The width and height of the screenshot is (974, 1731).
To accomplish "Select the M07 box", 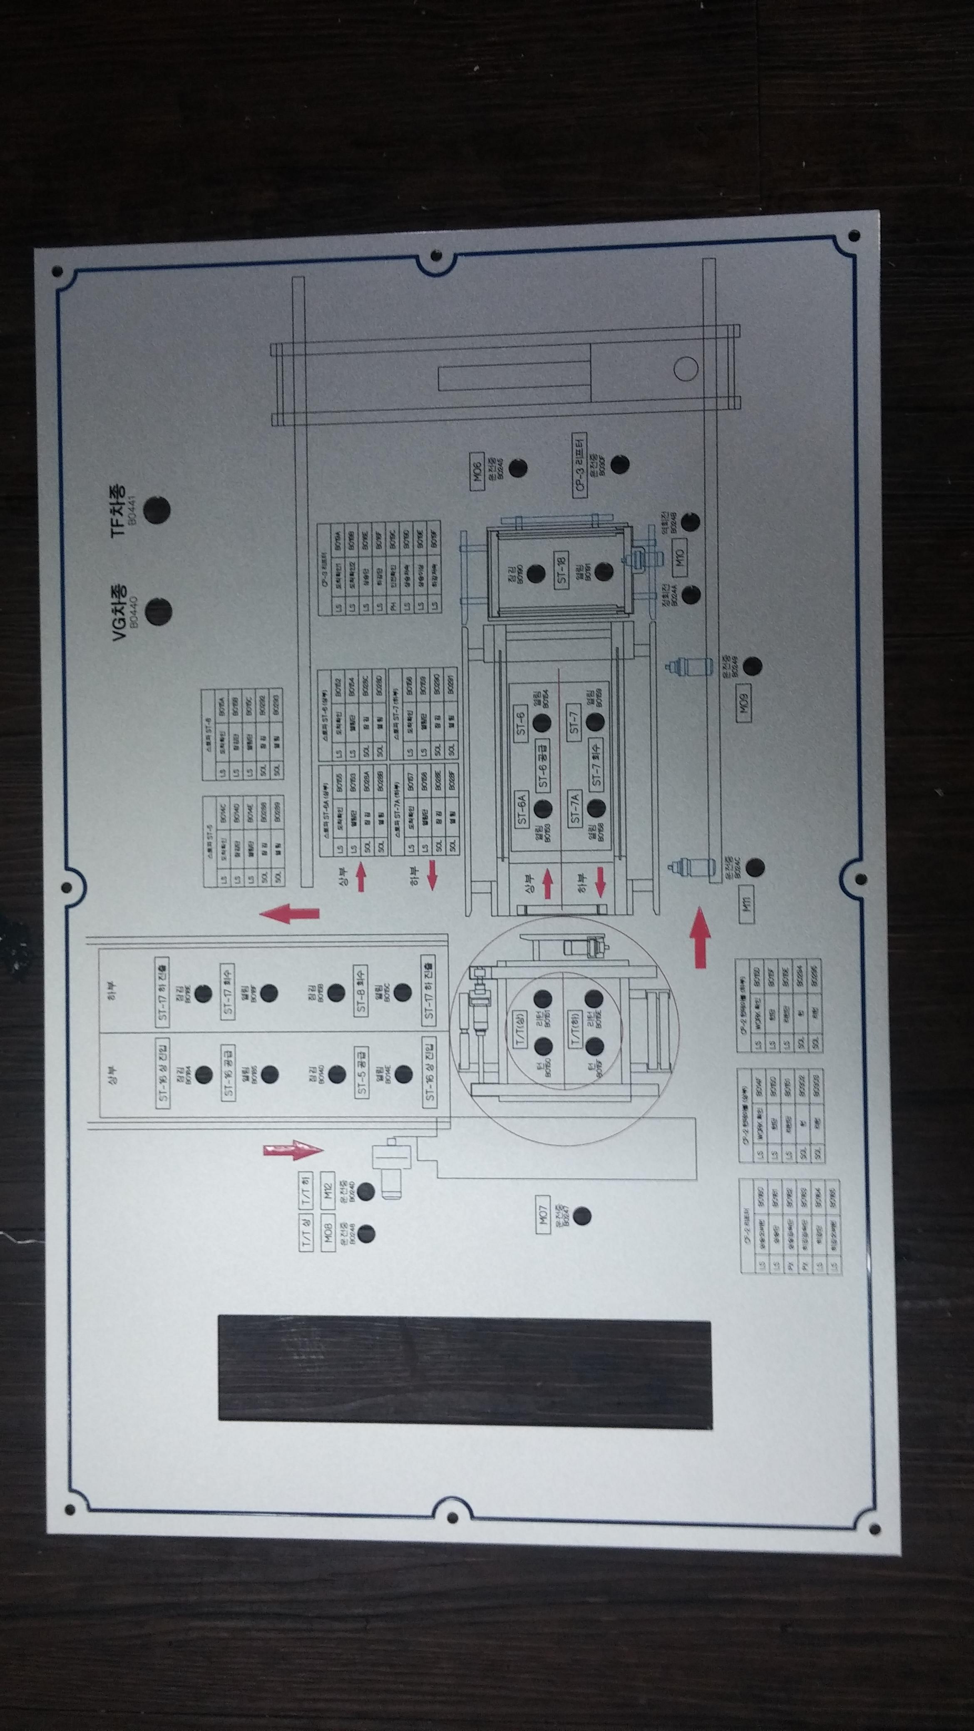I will pos(543,1215).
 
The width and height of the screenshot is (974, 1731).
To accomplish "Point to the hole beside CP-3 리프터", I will pos(620,464).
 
